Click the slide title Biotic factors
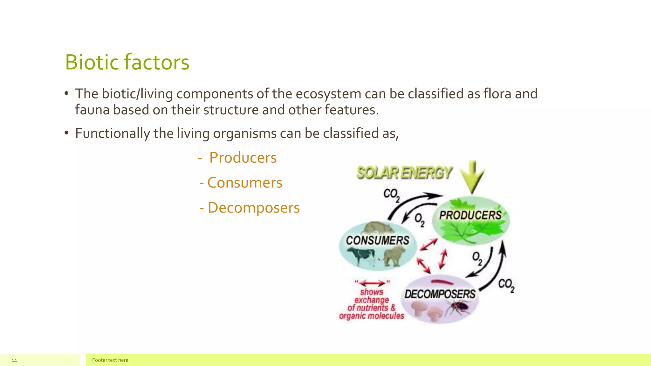[x=127, y=62]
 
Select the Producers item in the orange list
[x=243, y=158]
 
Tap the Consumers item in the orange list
[x=244, y=183]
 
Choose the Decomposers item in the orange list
[x=253, y=208]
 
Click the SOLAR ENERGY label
[x=404, y=173]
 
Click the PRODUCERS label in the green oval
[x=470, y=215]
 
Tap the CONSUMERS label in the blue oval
[x=378, y=241]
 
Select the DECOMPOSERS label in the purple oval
[x=440, y=294]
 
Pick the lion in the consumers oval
[x=394, y=256]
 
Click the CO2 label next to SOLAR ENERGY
[x=391, y=195]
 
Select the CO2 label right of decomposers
[x=506, y=285]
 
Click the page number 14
[x=14, y=360]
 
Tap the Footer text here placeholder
[x=110, y=360]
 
